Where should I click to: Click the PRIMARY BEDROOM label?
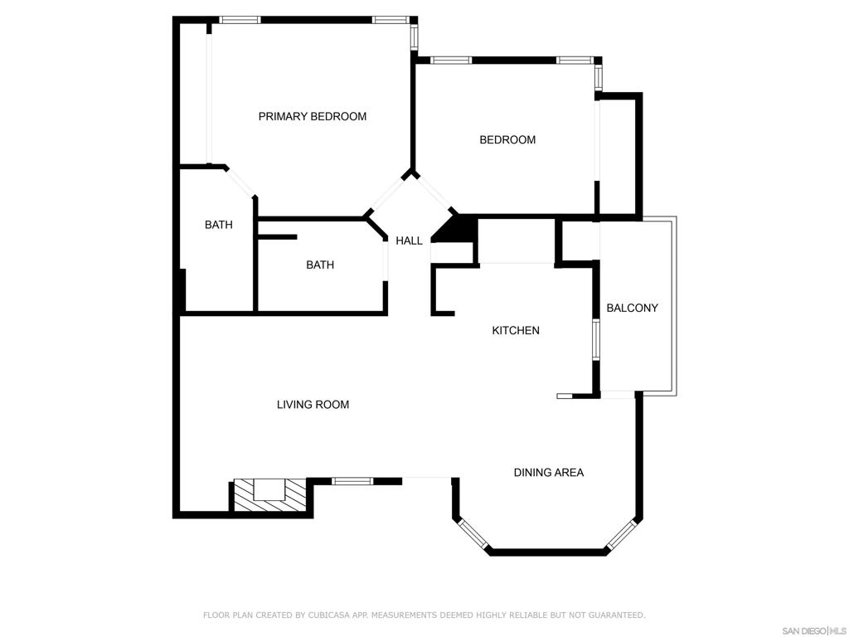313,116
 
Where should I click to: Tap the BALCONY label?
632,309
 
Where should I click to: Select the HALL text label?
409,241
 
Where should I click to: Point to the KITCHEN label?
516,330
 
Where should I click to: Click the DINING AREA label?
549,473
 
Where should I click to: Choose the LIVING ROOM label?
313,405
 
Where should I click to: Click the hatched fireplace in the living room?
269,494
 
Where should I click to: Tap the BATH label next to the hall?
320,265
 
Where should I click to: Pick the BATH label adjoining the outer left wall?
219,225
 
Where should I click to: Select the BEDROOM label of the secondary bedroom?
507,139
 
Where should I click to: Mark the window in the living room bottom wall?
352,481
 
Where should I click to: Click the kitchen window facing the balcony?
596,339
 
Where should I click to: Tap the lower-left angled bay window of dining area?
473,535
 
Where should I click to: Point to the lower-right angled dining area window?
620,535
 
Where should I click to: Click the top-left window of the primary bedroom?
240,20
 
